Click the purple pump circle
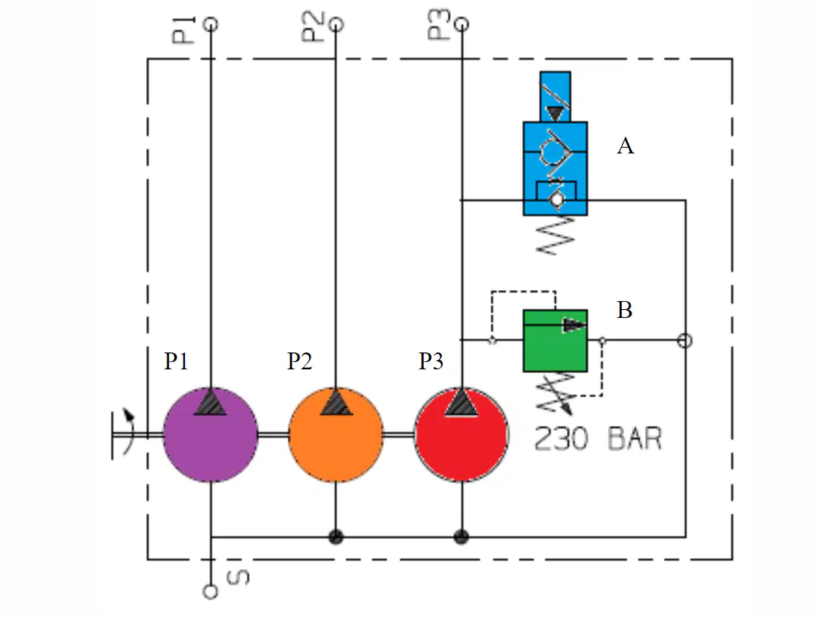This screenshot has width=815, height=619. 211,435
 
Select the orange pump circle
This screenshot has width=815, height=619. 336,435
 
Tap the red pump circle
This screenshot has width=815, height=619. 462,435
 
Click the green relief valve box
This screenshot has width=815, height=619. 555,341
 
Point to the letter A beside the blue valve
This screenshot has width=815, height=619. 626,146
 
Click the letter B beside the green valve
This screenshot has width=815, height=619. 624,310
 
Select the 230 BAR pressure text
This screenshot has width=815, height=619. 598,438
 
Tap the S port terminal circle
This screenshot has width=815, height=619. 211,591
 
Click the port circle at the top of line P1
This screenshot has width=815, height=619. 211,24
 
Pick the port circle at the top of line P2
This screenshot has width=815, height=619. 336,24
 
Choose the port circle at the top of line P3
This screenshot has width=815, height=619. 462,24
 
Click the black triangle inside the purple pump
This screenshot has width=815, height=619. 210,402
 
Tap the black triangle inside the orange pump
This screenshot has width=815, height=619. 336,402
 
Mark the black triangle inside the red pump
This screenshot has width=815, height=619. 462,403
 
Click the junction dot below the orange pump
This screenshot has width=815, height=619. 336,536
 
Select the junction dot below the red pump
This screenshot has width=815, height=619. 462,536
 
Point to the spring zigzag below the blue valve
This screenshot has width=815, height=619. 556,236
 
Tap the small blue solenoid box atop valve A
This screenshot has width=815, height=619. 555,97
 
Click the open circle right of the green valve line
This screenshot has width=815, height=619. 685,341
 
